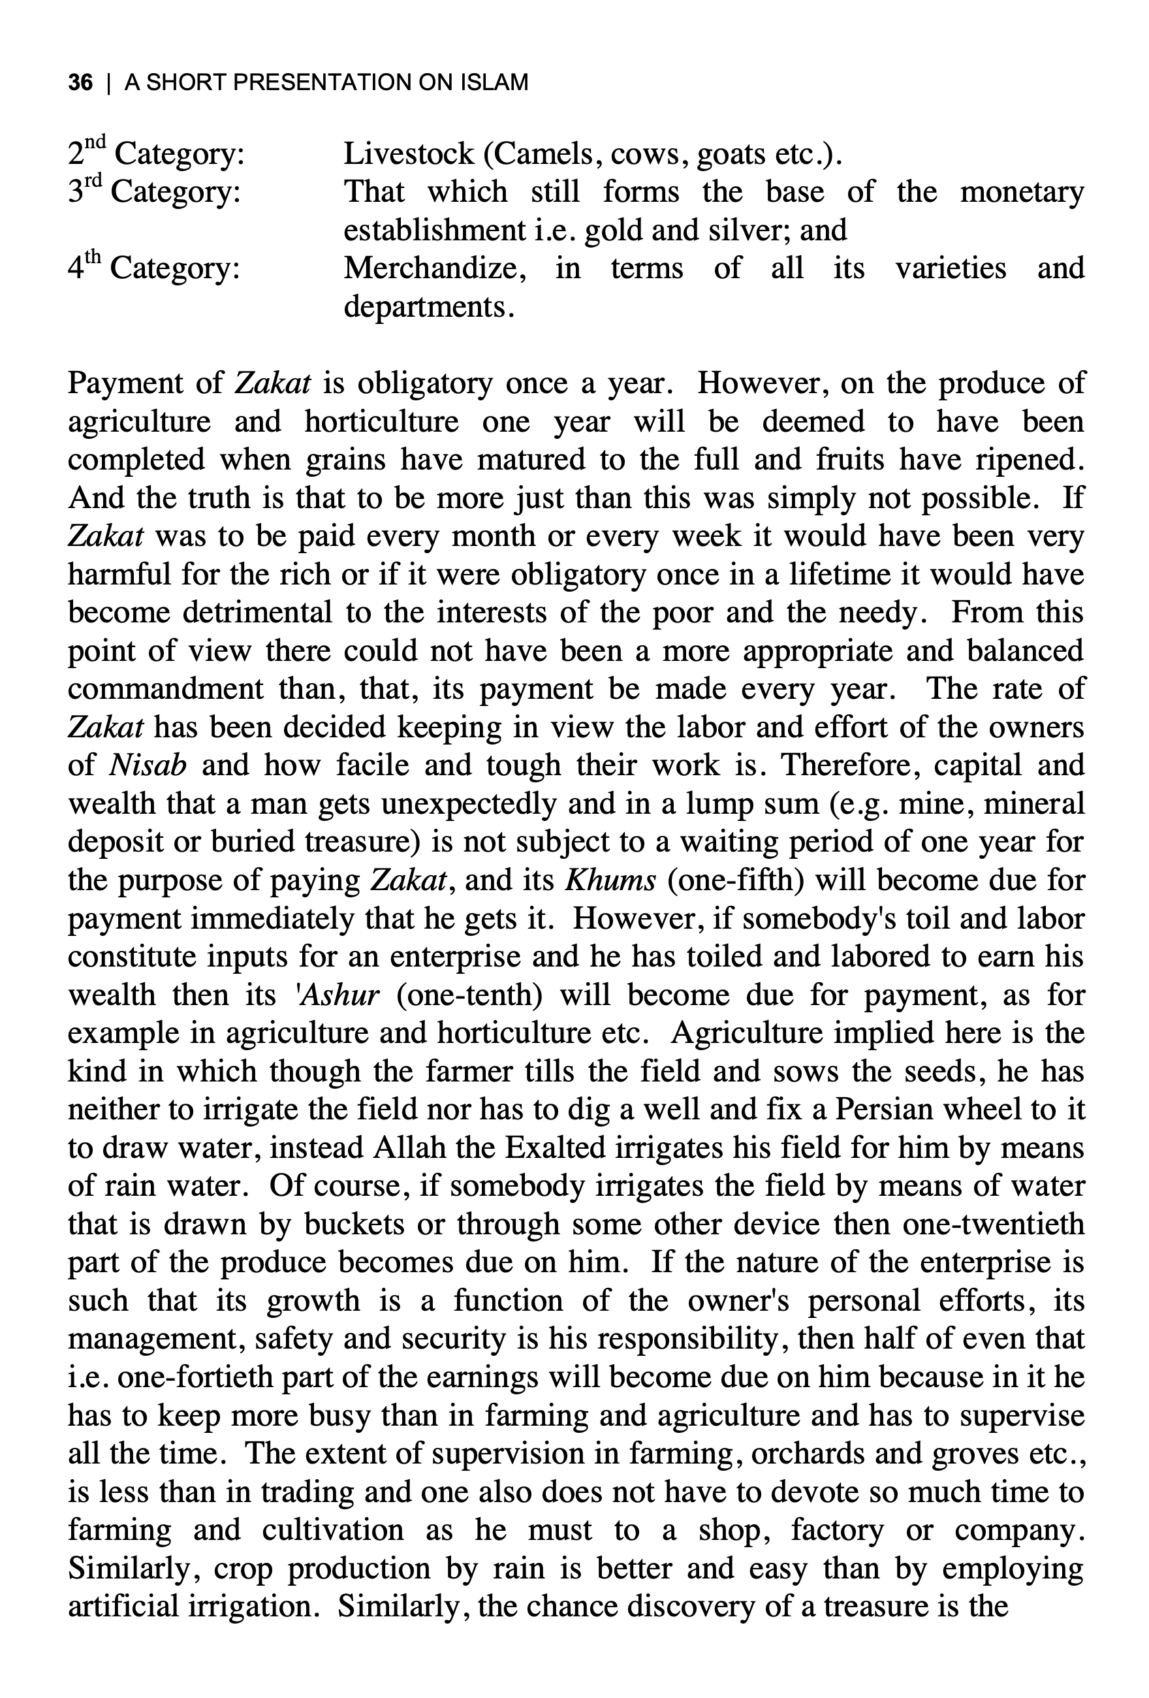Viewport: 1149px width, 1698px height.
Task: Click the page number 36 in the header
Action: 80,82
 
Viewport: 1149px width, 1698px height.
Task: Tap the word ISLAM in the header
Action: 494,82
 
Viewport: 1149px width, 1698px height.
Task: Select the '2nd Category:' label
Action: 155,154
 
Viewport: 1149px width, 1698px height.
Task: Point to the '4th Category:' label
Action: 153,268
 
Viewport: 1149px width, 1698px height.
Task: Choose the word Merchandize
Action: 435,268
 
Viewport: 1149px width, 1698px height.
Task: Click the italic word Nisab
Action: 148,765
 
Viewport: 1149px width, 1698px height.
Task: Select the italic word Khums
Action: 610,880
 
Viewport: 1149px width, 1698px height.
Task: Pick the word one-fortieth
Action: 195,1377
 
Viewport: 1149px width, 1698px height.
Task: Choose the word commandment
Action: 166,689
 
